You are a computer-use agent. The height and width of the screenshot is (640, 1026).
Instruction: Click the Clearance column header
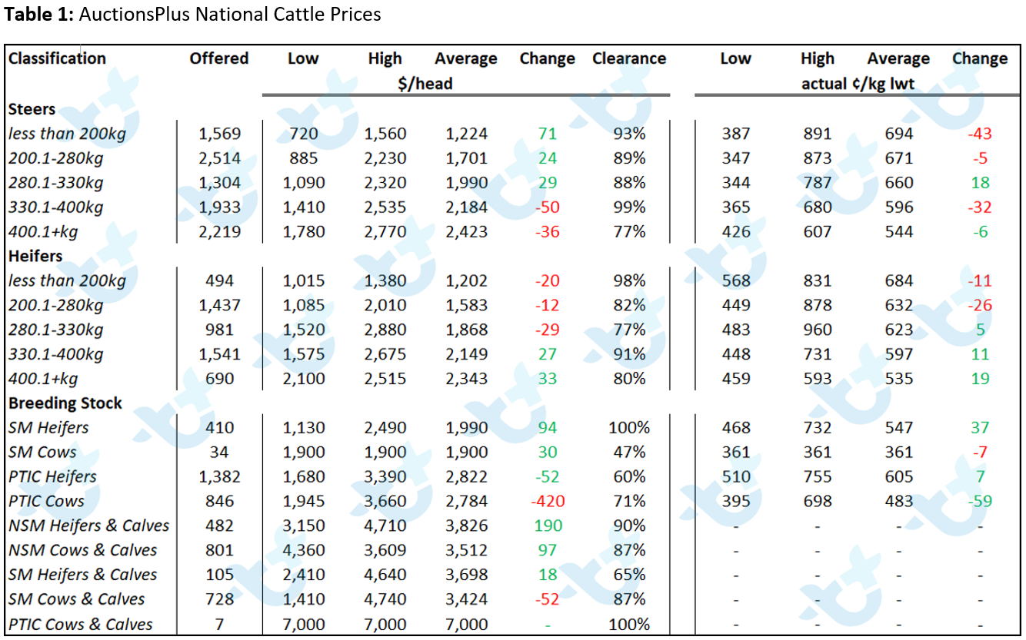pyautogui.click(x=629, y=58)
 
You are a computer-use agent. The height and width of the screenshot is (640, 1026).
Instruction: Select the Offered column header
pyautogui.click(x=219, y=58)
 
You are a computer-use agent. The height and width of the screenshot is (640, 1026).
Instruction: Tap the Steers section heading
pyautogui.click(x=32, y=109)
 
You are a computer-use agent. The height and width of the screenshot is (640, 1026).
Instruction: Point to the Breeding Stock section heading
pyautogui.click(x=65, y=403)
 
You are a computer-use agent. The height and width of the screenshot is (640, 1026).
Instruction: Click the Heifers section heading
pyautogui.click(x=35, y=256)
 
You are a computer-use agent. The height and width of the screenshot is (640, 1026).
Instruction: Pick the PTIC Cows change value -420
pyautogui.click(x=548, y=502)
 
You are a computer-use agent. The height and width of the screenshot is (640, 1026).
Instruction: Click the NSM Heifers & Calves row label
pyautogui.click(x=89, y=526)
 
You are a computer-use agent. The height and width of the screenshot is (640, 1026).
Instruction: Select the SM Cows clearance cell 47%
pyautogui.click(x=629, y=453)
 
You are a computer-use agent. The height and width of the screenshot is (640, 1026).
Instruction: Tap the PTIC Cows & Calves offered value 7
pyautogui.click(x=219, y=625)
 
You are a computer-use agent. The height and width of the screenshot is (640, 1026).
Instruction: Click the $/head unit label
pyautogui.click(x=425, y=84)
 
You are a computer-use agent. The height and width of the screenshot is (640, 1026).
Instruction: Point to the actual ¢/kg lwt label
pyautogui.click(x=858, y=84)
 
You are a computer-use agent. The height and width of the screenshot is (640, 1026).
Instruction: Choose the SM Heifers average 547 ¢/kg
pyautogui.click(x=898, y=428)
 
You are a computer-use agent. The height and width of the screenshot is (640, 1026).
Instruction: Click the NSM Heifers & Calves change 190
pyautogui.click(x=548, y=526)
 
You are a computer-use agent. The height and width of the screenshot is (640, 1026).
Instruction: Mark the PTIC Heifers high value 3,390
pyautogui.click(x=385, y=476)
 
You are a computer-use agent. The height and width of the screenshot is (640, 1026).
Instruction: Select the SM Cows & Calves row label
pyautogui.click(x=76, y=599)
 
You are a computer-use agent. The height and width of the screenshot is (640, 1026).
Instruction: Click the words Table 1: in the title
pyautogui.click(x=38, y=15)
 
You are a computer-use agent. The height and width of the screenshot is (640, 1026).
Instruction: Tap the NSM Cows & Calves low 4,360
pyautogui.click(x=304, y=550)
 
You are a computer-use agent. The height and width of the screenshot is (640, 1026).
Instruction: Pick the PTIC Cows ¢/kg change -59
pyautogui.click(x=980, y=502)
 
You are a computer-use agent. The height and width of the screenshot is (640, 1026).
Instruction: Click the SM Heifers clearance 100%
pyautogui.click(x=629, y=428)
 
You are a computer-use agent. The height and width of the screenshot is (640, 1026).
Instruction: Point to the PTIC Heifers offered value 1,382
pyautogui.click(x=219, y=476)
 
